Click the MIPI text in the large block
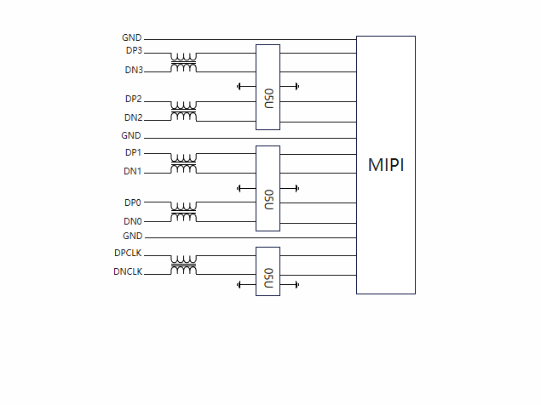[386, 165]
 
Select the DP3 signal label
[133, 51]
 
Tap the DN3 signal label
[133, 70]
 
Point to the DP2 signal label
[133, 100]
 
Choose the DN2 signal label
[133, 117]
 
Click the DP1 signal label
[133, 153]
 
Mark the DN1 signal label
[133, 172]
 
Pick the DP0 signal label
[133, 202]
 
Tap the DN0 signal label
[133, 221]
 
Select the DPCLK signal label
[129, 253]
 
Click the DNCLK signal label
[129, 272]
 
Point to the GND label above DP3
[131, 38]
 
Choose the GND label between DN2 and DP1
[131, 136]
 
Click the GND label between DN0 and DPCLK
[132, 236]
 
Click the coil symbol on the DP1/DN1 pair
[183, 163]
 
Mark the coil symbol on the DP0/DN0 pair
[183, 212]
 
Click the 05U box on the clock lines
[268, 271]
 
